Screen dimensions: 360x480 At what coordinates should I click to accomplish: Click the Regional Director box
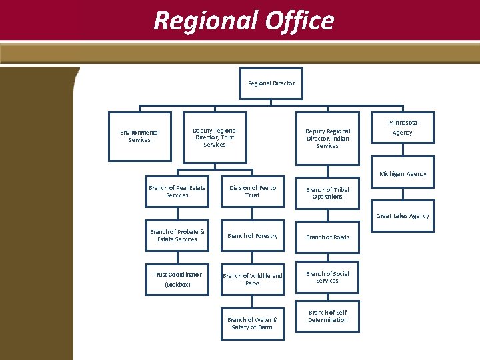click(x=271, y=84)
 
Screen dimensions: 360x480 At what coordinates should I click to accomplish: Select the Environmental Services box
click(x=139, y=136)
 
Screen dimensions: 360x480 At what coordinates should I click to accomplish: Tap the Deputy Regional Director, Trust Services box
click(x=215, y=137)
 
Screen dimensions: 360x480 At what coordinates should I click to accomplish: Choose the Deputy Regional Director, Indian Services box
click(x=327, y=138)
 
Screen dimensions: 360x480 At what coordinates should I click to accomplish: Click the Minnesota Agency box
click(x=402, y=128)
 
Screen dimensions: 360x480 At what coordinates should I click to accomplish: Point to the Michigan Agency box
click(x=403, y=174)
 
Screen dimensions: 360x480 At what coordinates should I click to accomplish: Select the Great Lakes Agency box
click(x=403, y=216)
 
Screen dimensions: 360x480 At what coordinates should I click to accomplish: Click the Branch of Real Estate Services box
click(x=177, y=192)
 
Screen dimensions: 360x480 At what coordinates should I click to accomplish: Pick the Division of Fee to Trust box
click(x=253, y=192)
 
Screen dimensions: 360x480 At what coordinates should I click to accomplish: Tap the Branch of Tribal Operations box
click(x=327, y=193)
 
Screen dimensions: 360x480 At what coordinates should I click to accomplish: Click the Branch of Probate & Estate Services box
click(x=177, y=236)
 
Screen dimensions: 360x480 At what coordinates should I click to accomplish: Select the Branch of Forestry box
click(x=253, y=236)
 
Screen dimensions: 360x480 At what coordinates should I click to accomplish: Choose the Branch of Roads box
click(x=327, y=237)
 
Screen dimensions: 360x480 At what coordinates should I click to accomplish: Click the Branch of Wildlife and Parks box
click(x=253, y=279)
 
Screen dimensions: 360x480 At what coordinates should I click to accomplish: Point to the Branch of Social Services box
click(x=327, y=277)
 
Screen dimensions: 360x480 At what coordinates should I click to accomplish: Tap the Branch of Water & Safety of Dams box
click(x=253, y=323)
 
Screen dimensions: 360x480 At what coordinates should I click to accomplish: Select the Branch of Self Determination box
click(x=327, y=316)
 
